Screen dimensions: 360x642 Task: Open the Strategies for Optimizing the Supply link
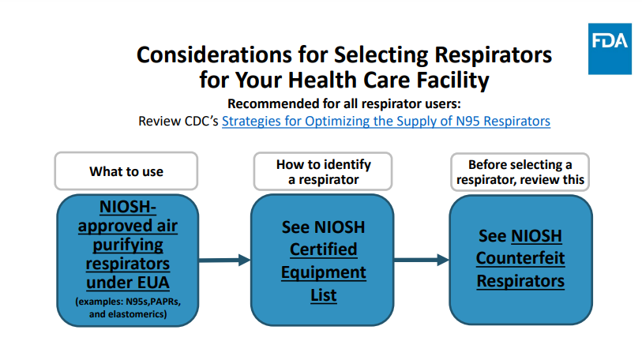coord(385,122)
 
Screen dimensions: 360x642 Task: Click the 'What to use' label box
coord(126,171)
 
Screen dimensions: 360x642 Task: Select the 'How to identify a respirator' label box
coord(323,171)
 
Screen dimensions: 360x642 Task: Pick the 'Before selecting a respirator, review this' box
coord(520,171)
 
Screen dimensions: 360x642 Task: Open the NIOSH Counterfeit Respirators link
coord(520,258)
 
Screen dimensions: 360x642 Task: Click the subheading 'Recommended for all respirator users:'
coord(344,104)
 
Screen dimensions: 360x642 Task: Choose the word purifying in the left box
coord(126,245)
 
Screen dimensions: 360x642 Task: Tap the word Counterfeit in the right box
coord(520,258)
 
